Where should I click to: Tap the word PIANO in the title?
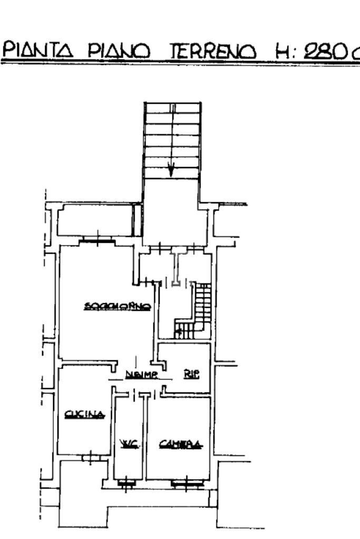tap(119, 52)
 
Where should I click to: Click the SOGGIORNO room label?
tap(118, 306)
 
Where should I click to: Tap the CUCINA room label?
tap(84, 415)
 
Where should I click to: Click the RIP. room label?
tap(191, 375)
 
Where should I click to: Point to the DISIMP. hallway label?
tap(141, 375)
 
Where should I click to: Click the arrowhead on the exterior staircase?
tap(171, 171)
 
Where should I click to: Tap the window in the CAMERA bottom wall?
tap(187, 482)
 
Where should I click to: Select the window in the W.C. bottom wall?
tap(126, 482)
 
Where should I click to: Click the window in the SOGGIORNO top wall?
tap(98, 240)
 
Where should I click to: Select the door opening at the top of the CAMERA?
tap(155, 394)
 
